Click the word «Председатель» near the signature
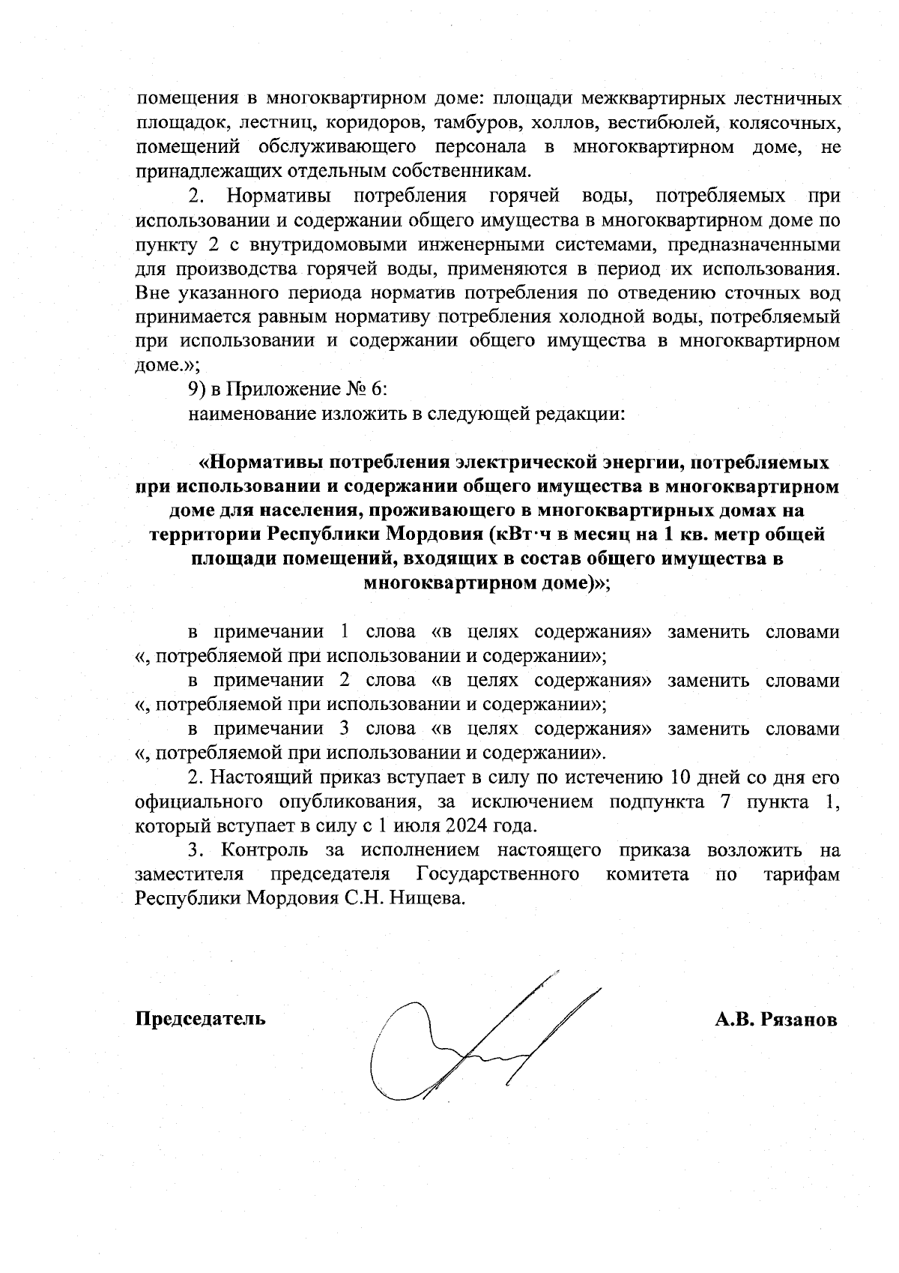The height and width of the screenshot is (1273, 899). click(199, 1019)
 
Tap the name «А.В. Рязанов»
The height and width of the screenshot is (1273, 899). click(776, 1020)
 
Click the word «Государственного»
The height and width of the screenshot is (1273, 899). click(497, 874)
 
